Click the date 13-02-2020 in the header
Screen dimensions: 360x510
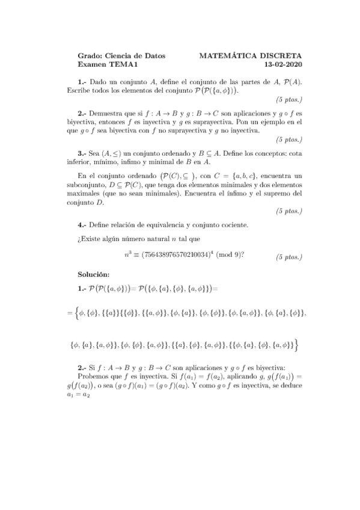(x=287, y=64)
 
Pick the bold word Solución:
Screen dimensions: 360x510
(x=96, y=274)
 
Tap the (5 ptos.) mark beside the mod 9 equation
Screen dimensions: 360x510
(x=288, y=257)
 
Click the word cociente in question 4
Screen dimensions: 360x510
(x=232, y=225)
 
